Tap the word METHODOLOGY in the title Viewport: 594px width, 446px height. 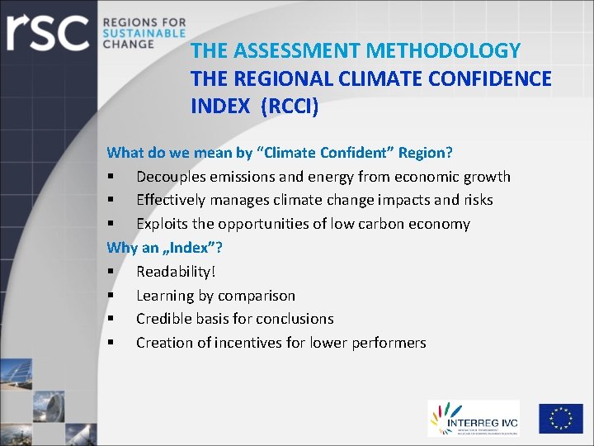[x=443, y=51]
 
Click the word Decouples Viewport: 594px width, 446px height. [x=170, y=177]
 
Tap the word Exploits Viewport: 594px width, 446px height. [x=163, y=224]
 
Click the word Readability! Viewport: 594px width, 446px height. [x=176, y=272]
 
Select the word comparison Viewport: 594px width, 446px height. [x=255, y=296]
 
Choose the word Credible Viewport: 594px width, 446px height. [x=165, y=319]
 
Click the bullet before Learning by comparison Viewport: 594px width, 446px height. [x=110, y=296]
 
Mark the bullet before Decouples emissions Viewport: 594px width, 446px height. [x=110, y=177]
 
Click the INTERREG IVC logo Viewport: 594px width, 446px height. [x=474, y=418]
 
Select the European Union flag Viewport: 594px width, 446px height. [x=561, y=419]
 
